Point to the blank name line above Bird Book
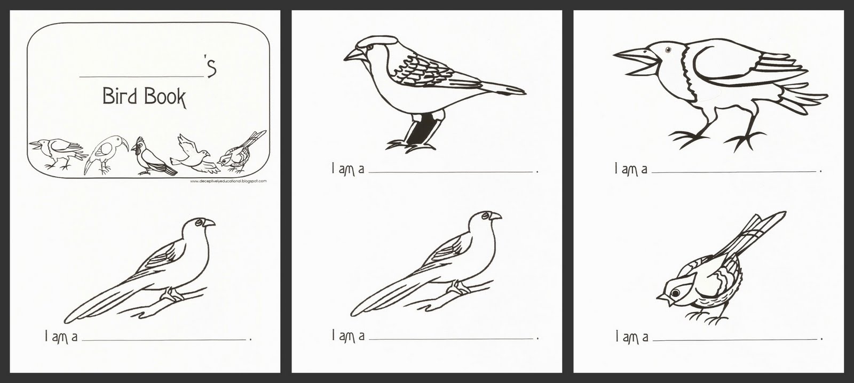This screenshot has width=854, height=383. (141, 76)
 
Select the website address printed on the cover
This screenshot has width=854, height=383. (228, 181)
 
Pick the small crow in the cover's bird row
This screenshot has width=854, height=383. (57, 151)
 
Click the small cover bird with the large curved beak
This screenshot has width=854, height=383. (107, 155)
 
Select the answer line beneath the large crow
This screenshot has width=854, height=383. (734, 171)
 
